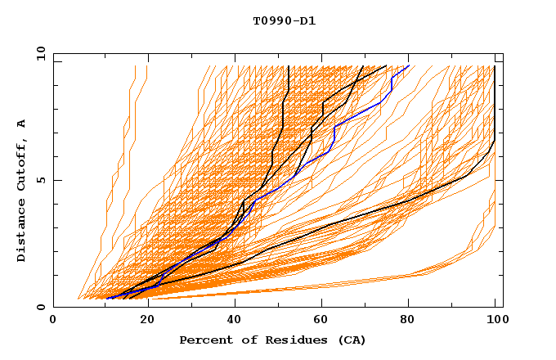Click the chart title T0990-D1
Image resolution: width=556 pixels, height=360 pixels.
click(284, 20)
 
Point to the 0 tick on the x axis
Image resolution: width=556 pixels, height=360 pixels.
click(53, 319)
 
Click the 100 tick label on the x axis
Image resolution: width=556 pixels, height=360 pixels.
click(495, 319)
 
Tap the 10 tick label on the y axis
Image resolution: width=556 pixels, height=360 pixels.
click(39, 53)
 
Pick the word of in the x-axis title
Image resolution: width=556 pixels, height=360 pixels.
click(246, 340)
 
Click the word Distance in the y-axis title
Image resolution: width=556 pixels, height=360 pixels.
click(22, 230)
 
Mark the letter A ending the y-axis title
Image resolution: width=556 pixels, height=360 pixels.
click(22, 123)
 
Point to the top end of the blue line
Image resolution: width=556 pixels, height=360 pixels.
click(409, 65)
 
